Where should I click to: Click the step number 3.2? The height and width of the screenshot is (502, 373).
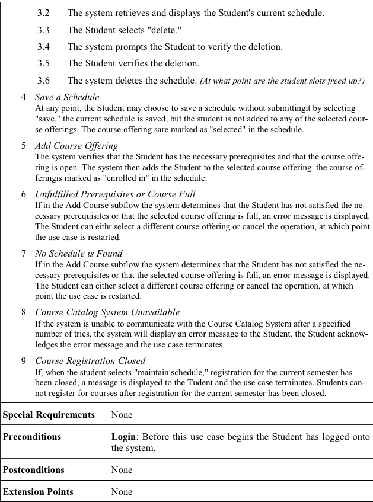43,12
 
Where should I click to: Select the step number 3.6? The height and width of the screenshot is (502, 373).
43,79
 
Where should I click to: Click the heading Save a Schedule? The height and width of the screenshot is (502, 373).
67,97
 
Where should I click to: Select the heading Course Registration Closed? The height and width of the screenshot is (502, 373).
90,360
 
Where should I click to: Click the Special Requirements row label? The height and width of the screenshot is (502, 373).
49,414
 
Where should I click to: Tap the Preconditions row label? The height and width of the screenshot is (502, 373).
32,437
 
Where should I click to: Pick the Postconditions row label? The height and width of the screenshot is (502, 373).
34,469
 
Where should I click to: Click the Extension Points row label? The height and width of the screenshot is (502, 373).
38,491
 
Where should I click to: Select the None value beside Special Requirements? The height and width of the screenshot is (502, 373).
122,414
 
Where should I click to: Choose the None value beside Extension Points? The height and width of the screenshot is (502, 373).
122,491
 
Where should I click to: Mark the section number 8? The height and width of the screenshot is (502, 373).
24,312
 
